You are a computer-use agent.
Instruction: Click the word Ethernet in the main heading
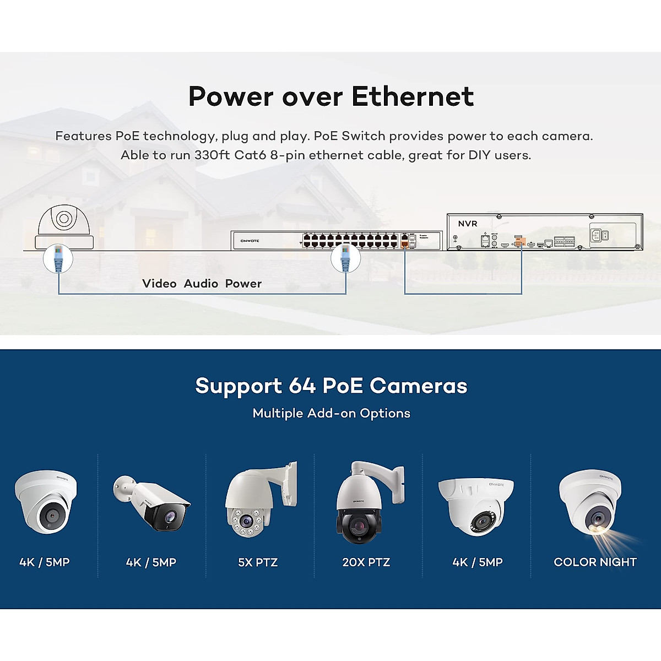tap(412, 96)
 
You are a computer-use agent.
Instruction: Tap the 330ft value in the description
tap(212, 155)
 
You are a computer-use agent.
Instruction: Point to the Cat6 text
tap(250, 155)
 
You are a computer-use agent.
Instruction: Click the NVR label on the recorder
tap(468, 224)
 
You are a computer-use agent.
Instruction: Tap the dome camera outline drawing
tap(63, 226)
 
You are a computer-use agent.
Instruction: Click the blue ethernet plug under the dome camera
tap(58, 258)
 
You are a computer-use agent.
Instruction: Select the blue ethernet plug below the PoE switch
tap(346, 258)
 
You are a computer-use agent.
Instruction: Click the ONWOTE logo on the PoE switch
tap(250, 241)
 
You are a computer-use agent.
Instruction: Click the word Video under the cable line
tap(159, 284)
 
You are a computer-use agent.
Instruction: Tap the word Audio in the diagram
tap(201, 284)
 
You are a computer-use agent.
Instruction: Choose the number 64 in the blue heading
tap(302, 386)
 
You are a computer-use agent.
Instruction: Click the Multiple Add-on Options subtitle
tap(331, 413)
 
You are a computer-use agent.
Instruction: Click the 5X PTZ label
tap(258, 562)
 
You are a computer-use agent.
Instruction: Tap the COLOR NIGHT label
tap(595, 562)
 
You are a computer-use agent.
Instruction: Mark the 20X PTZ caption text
tap(366, 562)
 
